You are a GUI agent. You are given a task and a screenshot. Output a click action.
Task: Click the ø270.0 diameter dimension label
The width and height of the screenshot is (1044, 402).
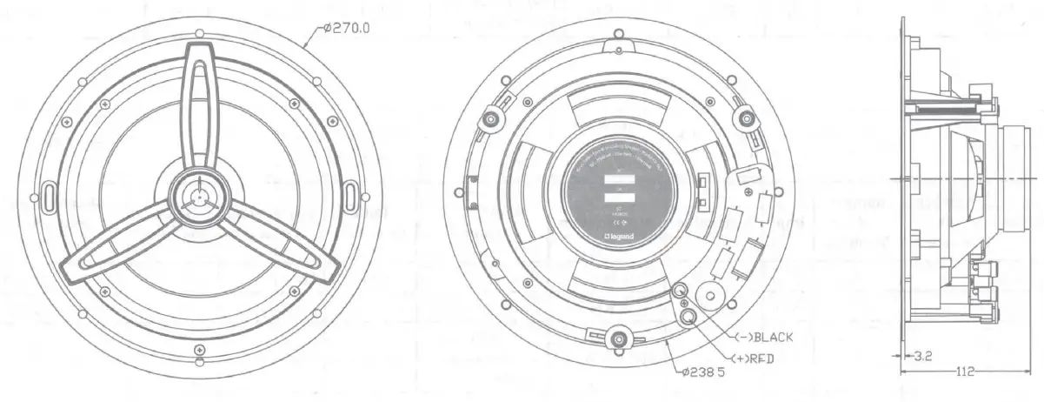point(346,27)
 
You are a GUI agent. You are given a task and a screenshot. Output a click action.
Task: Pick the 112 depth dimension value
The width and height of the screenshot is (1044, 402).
point(963,372)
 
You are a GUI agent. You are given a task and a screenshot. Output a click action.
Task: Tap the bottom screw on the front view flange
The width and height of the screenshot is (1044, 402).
point(199,351)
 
